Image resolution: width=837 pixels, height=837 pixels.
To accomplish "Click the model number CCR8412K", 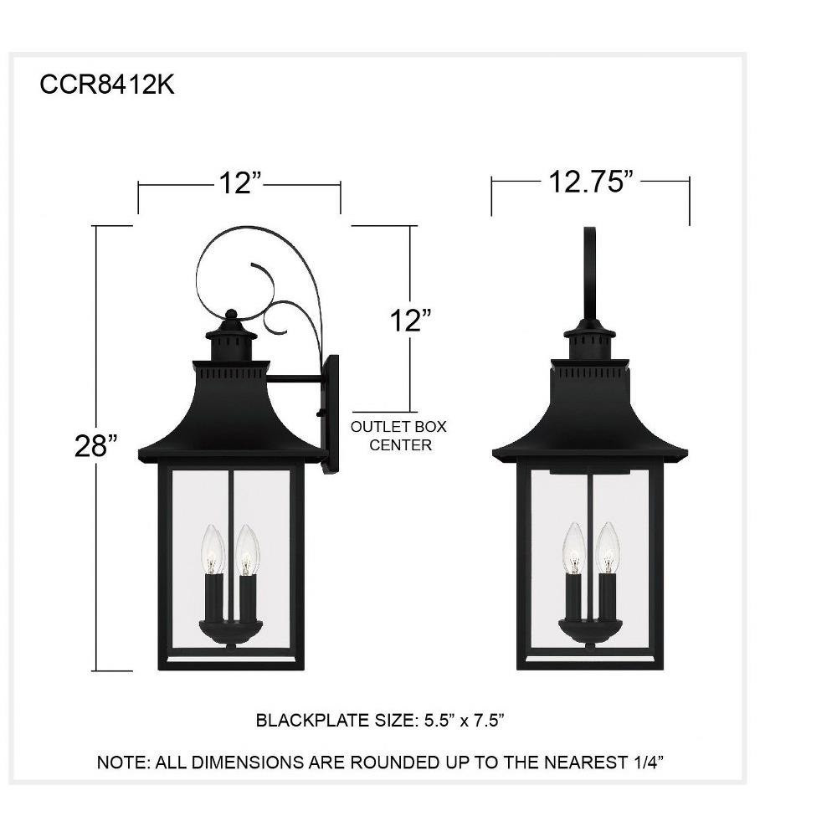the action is (107, 85).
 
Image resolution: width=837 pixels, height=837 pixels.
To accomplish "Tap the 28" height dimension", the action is (96, 446).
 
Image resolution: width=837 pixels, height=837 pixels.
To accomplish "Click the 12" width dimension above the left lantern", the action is (240, 183).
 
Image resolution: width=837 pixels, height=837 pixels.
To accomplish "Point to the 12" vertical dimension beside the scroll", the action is (410, 321).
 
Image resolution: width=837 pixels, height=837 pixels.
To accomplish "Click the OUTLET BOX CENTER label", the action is (398, 435).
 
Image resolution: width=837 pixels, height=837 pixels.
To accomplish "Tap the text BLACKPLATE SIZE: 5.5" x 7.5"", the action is (379, 720).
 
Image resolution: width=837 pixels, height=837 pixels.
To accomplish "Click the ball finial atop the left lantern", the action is (231, 315).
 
